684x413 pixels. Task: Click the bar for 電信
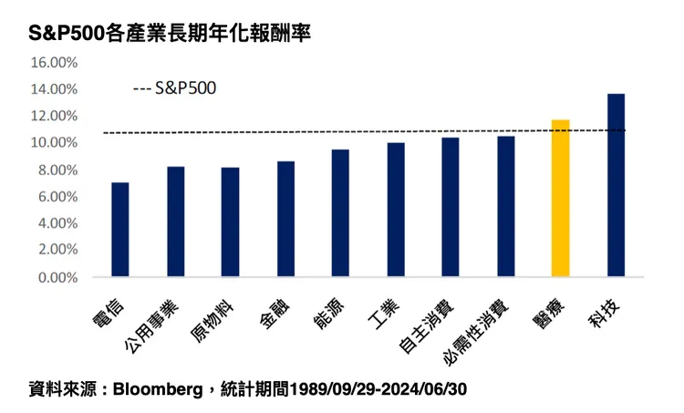(x=120, y=229)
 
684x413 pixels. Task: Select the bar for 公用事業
(x=175, y=222)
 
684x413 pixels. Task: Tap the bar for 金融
(x=285, y=219)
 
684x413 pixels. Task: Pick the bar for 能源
(x=340, y=212)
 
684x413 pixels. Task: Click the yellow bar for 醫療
(x=560, y=198)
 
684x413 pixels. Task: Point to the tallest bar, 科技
(x=616, y=184)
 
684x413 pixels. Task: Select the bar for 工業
(x=396, y=209)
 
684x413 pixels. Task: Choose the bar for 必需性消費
(x=506, y=206)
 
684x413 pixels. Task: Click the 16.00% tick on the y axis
(x=54, y=63)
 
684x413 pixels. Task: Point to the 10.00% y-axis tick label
(x=54, y=143)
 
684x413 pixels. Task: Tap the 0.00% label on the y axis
(x=57, y=276)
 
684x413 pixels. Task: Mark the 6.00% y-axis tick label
(x=57, y=196)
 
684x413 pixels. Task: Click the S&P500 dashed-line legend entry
(x=175, y=89)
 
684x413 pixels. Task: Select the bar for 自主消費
(x=451, y=207)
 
